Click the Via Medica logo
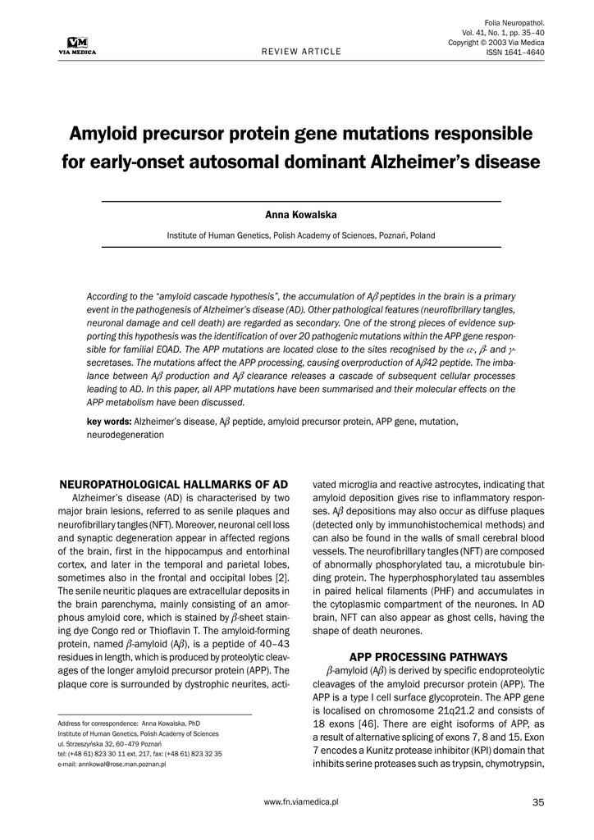[x=72, y=46]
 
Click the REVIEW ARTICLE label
[x=301, y=52]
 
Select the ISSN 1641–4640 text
[x=515, y=52]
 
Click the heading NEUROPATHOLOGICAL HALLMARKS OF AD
[x=176, y=484]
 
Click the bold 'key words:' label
[x=109, y=422]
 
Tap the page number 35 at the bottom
[x=538, y=801]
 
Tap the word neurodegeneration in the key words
[x=125, y=436]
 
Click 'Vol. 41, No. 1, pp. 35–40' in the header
[x=497, y=32]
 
